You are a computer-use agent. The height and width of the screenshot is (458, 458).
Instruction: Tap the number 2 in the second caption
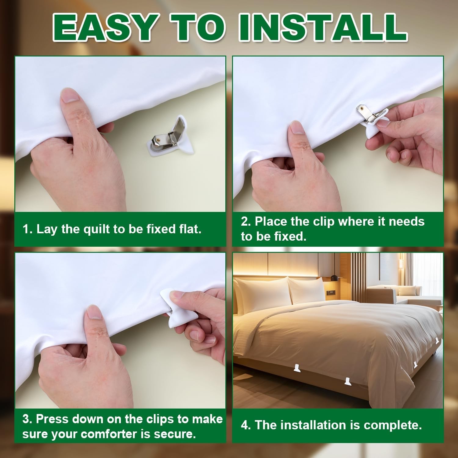[x=245, y=221]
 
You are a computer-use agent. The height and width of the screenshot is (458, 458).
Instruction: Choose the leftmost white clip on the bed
[x=297, y=368]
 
